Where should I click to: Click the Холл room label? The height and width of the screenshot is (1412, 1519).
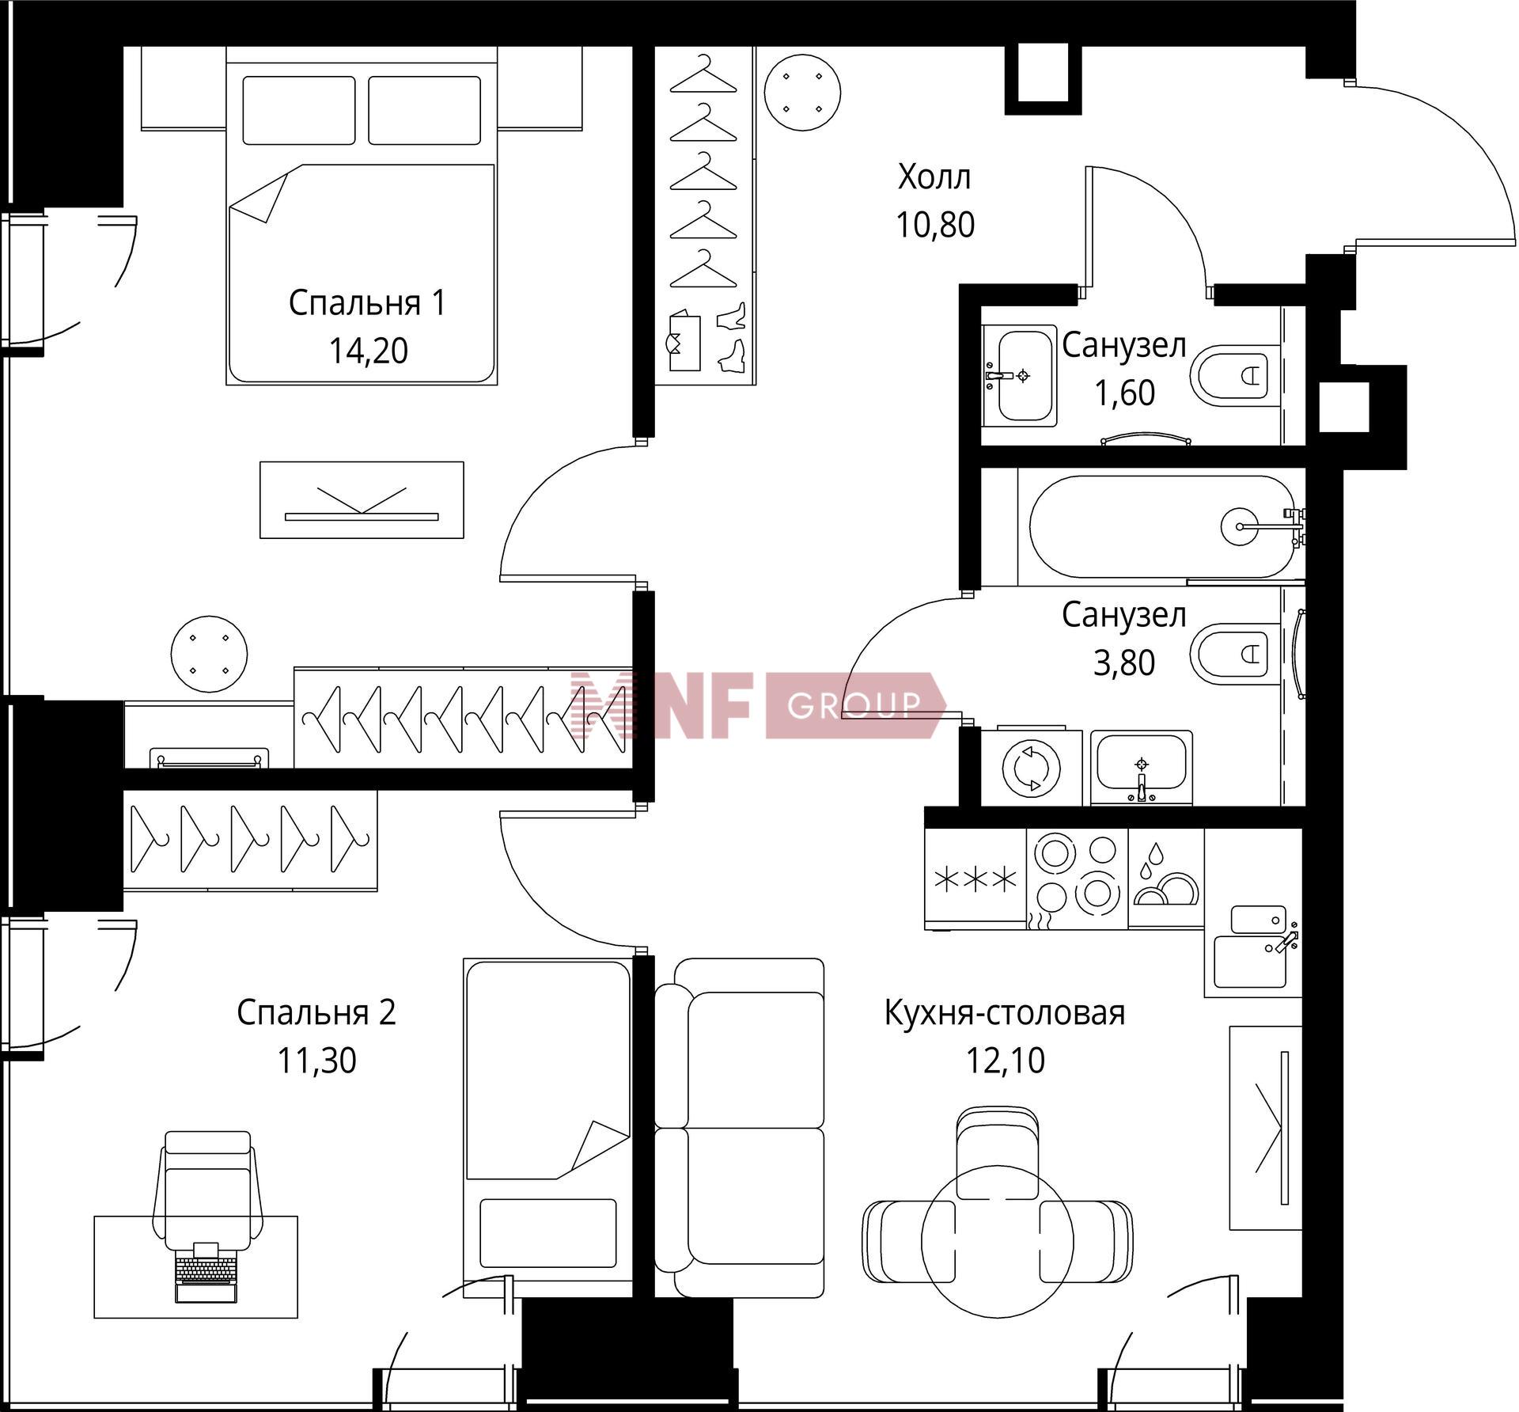point(934,178)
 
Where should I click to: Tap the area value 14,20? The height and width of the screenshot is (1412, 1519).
point(368,351)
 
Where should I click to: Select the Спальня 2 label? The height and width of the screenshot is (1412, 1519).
point(316,1012)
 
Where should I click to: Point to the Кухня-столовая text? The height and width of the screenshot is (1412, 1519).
point(1005,1012)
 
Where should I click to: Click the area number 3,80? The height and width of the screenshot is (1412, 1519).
point(1123,662)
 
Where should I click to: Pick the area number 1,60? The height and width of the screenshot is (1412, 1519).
point(1123,393)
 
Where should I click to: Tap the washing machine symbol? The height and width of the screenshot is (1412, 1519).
point(1032,766)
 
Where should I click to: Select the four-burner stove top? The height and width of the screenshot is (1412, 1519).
point(1077,879)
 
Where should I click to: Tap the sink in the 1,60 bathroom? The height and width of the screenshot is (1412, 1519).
point(1019,376)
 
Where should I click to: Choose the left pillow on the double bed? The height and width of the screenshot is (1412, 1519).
point(298,110)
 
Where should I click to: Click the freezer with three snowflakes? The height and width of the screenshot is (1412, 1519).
point(975,879)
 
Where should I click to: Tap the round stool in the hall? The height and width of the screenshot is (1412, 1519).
point(802,93)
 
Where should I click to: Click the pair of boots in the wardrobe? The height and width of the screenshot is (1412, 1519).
point(732,338)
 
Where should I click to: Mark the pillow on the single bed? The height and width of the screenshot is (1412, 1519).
point(547,1233)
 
